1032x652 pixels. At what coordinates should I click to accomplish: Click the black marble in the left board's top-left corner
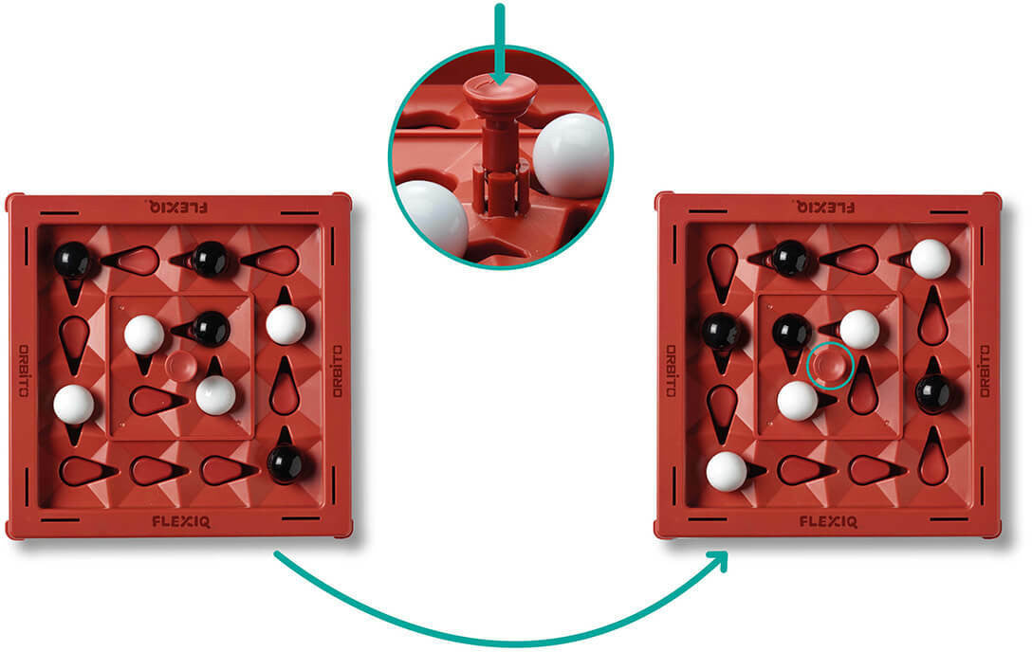pyautogui.click(x=72, y=261)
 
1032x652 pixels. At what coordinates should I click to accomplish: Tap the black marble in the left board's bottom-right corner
pyautogui.click(x=285, y=463)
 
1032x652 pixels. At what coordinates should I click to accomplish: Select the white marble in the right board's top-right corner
pyautogui.click(x=930, y=259)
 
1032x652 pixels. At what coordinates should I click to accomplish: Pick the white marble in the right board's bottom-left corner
pyautogui.click(x=726, y=471)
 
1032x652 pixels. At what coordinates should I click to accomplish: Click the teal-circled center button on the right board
pyautogui.click(x=830, y=365)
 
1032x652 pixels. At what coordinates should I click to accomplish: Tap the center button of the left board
pyautogui.click(x=179, y=366)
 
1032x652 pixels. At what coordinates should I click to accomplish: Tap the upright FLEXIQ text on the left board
pyautogui.click(x=181, y=522)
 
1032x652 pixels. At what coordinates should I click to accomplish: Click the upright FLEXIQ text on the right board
pyautogui.click(x=828, y=522)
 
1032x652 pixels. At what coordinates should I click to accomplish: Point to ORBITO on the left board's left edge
pyautogui.click(x=24, y=371)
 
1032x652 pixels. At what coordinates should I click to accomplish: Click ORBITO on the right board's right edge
pyautogui.click(x=985, y=371)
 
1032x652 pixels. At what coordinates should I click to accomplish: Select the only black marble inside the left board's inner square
pyautogui.click(x=210, y=329)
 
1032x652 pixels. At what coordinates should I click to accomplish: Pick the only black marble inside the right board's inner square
pyautogui.click(x=791, y=333)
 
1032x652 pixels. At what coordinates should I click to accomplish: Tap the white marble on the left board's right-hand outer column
pyautogui.click(x=286, y=325)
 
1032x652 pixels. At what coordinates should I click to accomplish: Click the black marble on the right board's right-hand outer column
pyautogui.click(x=933, y=392)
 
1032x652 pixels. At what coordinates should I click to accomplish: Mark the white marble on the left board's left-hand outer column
pyautogui.click(x=74, y=405)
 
